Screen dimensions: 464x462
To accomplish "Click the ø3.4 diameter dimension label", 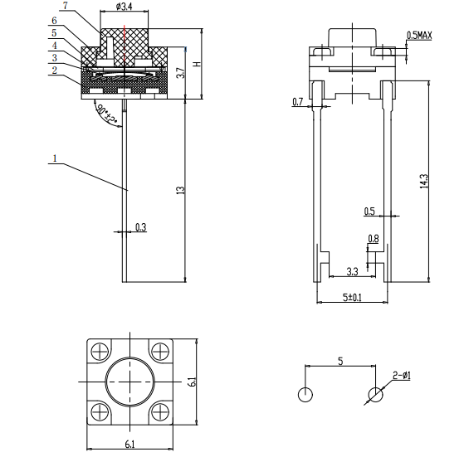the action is pos(124,6).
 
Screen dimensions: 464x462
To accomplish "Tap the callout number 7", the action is pos(66,5).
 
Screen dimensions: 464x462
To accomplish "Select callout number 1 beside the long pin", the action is pos(55,158).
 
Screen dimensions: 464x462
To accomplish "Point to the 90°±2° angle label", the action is pos(106,114).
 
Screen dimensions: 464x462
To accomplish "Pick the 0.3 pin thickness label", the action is pos(141,227).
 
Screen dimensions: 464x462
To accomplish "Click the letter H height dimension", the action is pos(198,64).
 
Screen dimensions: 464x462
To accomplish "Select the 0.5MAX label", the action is pos(419,36).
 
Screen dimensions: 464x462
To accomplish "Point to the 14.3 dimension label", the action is pos(424,182).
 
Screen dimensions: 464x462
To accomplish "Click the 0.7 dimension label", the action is pos(298,102).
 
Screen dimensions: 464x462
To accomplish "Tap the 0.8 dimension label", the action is pos(374,238).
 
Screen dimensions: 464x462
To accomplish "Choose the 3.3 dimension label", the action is pos(352,271).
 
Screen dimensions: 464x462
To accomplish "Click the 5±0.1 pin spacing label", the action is pos(352,297).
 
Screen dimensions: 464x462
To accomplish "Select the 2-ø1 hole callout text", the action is pos(402,376).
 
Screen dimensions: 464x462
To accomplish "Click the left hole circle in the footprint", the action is pos(305,394).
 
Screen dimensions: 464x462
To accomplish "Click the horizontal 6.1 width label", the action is pos(130,444).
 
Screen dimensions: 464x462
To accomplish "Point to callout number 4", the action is pos(55,46).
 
